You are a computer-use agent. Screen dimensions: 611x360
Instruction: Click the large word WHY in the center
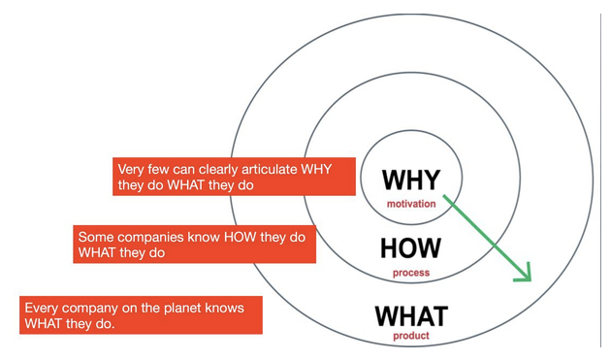[411, 180]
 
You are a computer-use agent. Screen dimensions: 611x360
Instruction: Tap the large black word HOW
[410, 248]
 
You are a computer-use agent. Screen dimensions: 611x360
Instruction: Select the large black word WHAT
[411, 316]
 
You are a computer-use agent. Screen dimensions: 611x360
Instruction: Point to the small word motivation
[411, 204]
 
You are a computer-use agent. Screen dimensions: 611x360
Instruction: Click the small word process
[411, 273]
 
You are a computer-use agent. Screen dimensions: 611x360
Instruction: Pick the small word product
[411, 336]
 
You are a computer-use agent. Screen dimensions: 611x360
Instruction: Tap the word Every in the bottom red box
[42, 309]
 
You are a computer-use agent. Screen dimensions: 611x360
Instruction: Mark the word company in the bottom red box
[90, 309]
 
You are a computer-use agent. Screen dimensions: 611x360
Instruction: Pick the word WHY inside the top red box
[316, 169]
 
